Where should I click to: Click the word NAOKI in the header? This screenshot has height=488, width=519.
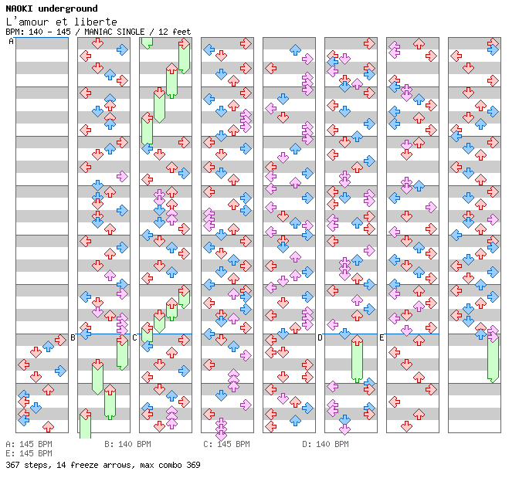[19, 8]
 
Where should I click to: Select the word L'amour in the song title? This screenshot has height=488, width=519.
[25, 22]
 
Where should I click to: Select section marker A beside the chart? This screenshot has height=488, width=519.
[12, 42]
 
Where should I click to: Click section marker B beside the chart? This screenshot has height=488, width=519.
[73, 337]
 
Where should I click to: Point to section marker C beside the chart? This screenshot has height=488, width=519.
[135, 337]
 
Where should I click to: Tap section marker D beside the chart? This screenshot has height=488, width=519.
[321, 337]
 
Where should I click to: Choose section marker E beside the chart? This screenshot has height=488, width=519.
[382, 337]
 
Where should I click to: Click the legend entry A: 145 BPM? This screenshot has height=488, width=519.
[29, 445]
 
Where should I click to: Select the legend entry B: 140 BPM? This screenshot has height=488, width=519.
[127, 445]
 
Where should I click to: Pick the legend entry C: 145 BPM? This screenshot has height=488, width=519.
[226, 445]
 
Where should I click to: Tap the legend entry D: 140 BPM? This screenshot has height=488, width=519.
[325, 445]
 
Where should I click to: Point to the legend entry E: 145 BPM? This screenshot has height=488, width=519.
[29, 453]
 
